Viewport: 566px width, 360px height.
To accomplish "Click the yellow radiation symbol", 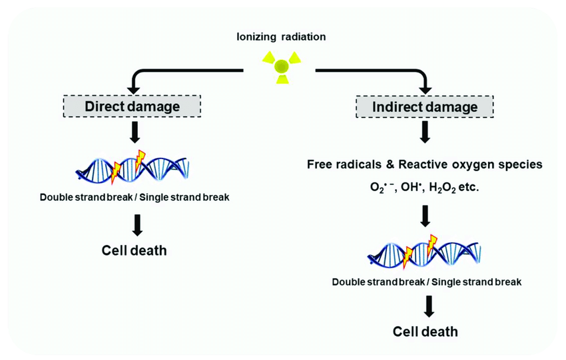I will (282, 66).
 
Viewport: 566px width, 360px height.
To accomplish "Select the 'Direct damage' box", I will (133, 106).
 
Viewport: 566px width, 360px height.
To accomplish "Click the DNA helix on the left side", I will (133, 167).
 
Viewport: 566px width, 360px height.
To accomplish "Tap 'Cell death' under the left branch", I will (134, 250).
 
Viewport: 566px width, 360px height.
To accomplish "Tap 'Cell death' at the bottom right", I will (426, 331).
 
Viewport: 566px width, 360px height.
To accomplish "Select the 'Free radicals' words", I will (342, 164).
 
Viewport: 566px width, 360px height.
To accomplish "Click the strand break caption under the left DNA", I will (134, 196).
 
